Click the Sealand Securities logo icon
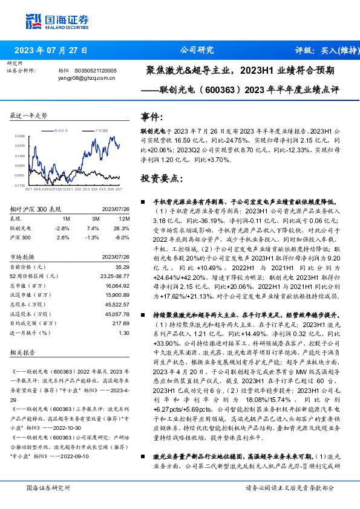(x=33, y=21)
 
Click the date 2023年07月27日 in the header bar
(x=51, y=50)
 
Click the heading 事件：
(x=152, y=117)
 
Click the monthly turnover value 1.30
(x=124, y=332)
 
